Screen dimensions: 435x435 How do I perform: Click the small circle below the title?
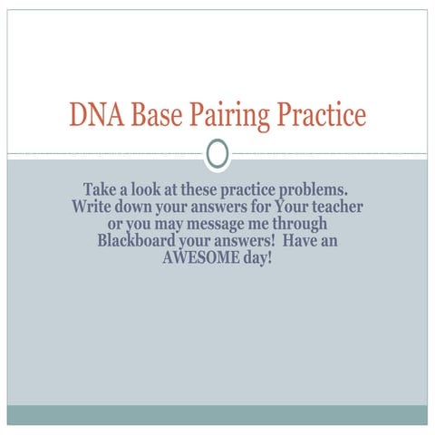point(217,155)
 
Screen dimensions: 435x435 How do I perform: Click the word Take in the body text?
point(101,190)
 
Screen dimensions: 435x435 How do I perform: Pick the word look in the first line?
point(149,190)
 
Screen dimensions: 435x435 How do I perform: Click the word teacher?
point(333,208)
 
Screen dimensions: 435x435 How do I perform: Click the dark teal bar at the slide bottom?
point(217,415)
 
